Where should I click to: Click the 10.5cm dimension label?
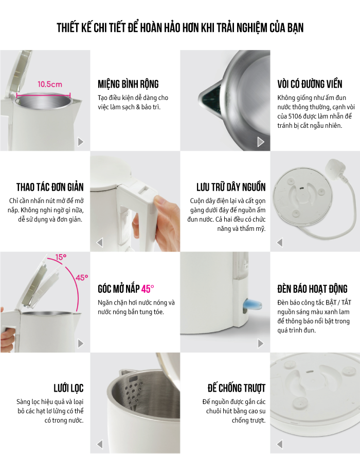50,85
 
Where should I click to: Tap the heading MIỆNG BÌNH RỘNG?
128,84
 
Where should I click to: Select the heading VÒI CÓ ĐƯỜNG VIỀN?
310,84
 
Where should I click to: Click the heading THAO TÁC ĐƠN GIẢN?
50,187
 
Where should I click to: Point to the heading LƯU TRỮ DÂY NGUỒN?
231,187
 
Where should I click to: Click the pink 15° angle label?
61,257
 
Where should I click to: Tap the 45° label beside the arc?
82,278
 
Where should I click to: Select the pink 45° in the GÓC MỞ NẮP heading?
148,289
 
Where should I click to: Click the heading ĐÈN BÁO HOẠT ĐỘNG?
312,289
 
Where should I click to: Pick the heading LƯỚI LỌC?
68,388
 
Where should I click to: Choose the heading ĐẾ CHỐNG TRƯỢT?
237,388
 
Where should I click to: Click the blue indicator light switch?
252,304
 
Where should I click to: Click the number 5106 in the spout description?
295,116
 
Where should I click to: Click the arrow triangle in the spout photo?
261,142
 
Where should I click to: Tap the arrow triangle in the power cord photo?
280,242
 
